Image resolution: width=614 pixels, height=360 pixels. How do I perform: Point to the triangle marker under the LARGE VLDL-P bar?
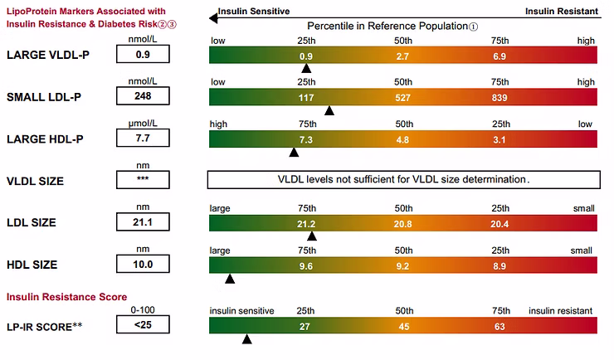tap(306, 69)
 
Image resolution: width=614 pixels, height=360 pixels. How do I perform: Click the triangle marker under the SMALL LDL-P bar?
tap(329, 110)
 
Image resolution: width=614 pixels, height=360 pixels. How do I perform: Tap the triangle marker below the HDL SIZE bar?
tap(230, 278)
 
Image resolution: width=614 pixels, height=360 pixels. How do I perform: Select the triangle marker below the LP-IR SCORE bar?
tap(246, 338)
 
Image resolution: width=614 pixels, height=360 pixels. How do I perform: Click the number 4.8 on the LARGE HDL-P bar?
tap(402, 139)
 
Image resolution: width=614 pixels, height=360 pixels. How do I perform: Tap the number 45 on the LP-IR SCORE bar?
tap(402, 326)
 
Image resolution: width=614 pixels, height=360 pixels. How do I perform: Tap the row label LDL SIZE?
tap(32, 222)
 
